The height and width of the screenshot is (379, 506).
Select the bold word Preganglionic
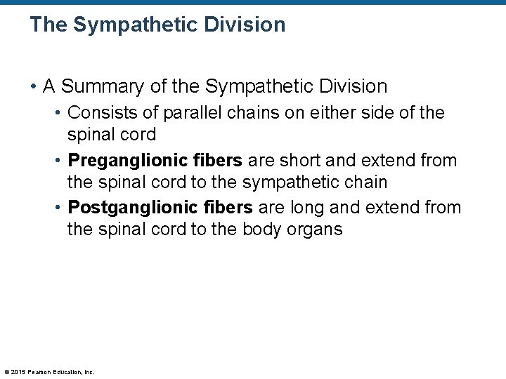[x=119, y=160]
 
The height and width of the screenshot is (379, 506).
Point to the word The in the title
[x=48, y=25]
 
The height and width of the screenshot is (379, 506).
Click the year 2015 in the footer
[x=19, y=372]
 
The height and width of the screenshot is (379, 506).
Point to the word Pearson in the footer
[x=41, y=372]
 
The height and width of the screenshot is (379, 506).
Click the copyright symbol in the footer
[x=6, y=372]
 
